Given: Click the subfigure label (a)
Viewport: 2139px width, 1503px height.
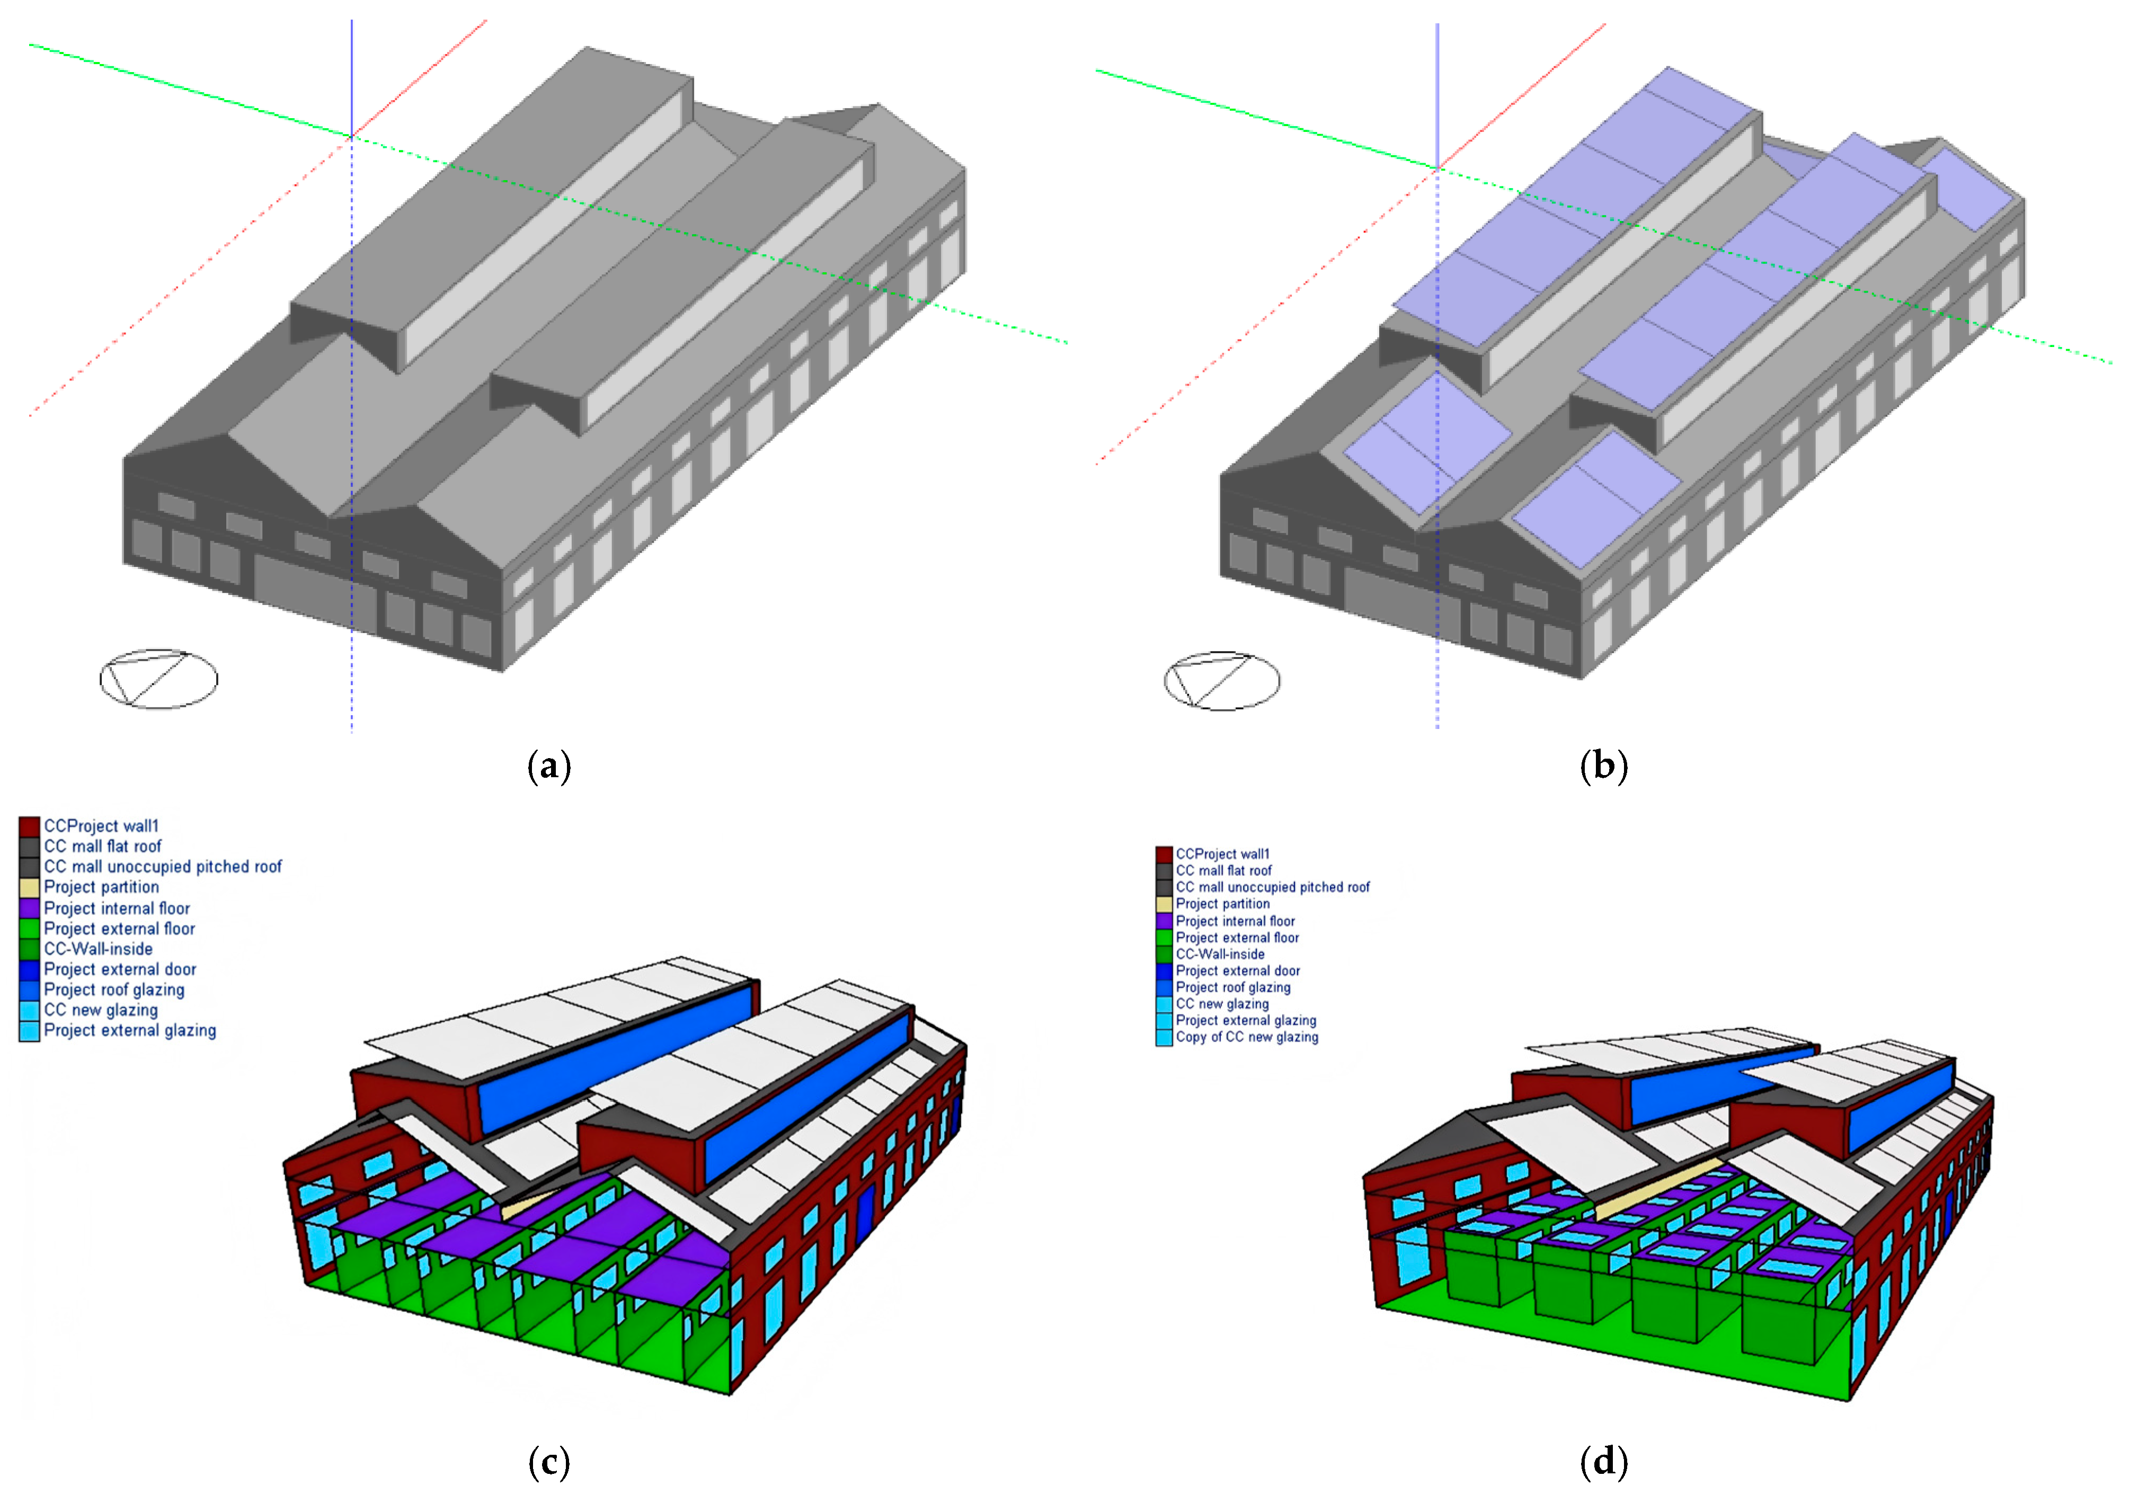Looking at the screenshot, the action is pyautogui.click(x=549, y=767).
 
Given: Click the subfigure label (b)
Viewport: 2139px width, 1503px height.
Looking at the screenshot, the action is pyautogui.click(x=1603, y=767).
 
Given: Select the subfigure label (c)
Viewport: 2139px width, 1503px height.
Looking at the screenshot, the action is pyautogui.click(x=549, y=1462).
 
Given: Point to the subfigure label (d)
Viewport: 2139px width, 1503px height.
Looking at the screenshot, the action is pyautogui.click(x=1603, y=1462).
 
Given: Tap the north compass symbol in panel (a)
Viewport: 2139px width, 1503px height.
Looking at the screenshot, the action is pyautogui.click(x=158, y=679).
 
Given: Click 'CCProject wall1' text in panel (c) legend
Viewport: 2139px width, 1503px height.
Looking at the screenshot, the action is pyautogui.click(x=102, y=826).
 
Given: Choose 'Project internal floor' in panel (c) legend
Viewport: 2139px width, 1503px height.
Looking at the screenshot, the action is pyautogui.click(x=117, y=908).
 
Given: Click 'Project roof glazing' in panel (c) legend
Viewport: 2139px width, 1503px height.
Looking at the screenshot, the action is pyautogui.click(x=114, y=990).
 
